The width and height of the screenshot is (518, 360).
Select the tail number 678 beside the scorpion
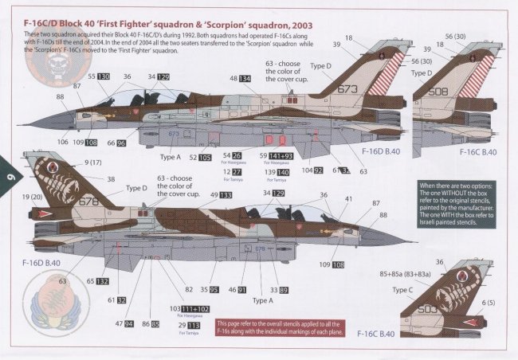coord(89,202)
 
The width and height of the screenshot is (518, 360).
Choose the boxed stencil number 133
coord(226,195)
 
